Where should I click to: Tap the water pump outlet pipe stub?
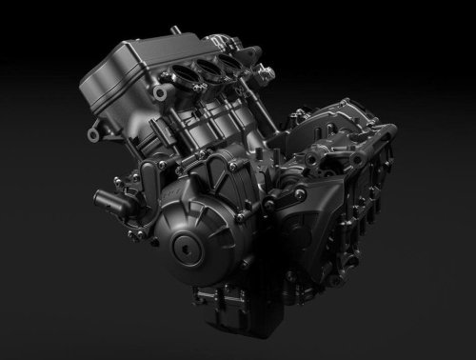coord(104,199)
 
